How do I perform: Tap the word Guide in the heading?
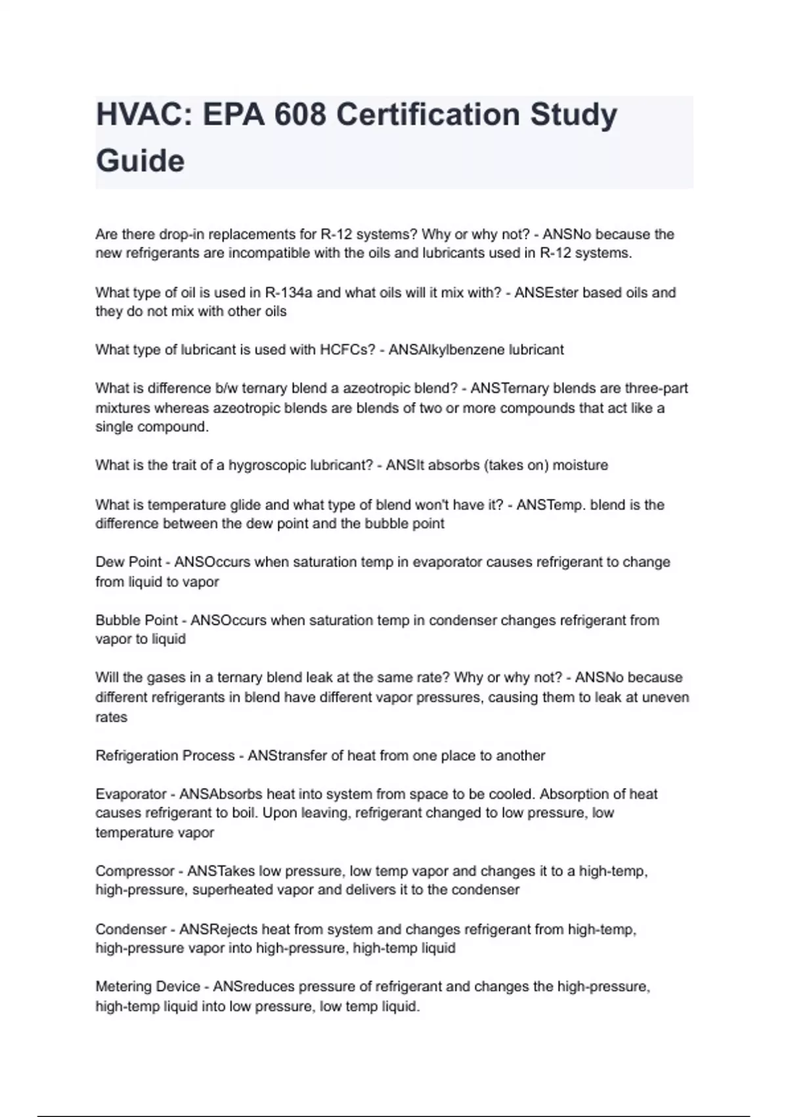point(141,161)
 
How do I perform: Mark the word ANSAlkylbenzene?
point(447,350)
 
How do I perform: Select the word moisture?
point(580,465)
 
